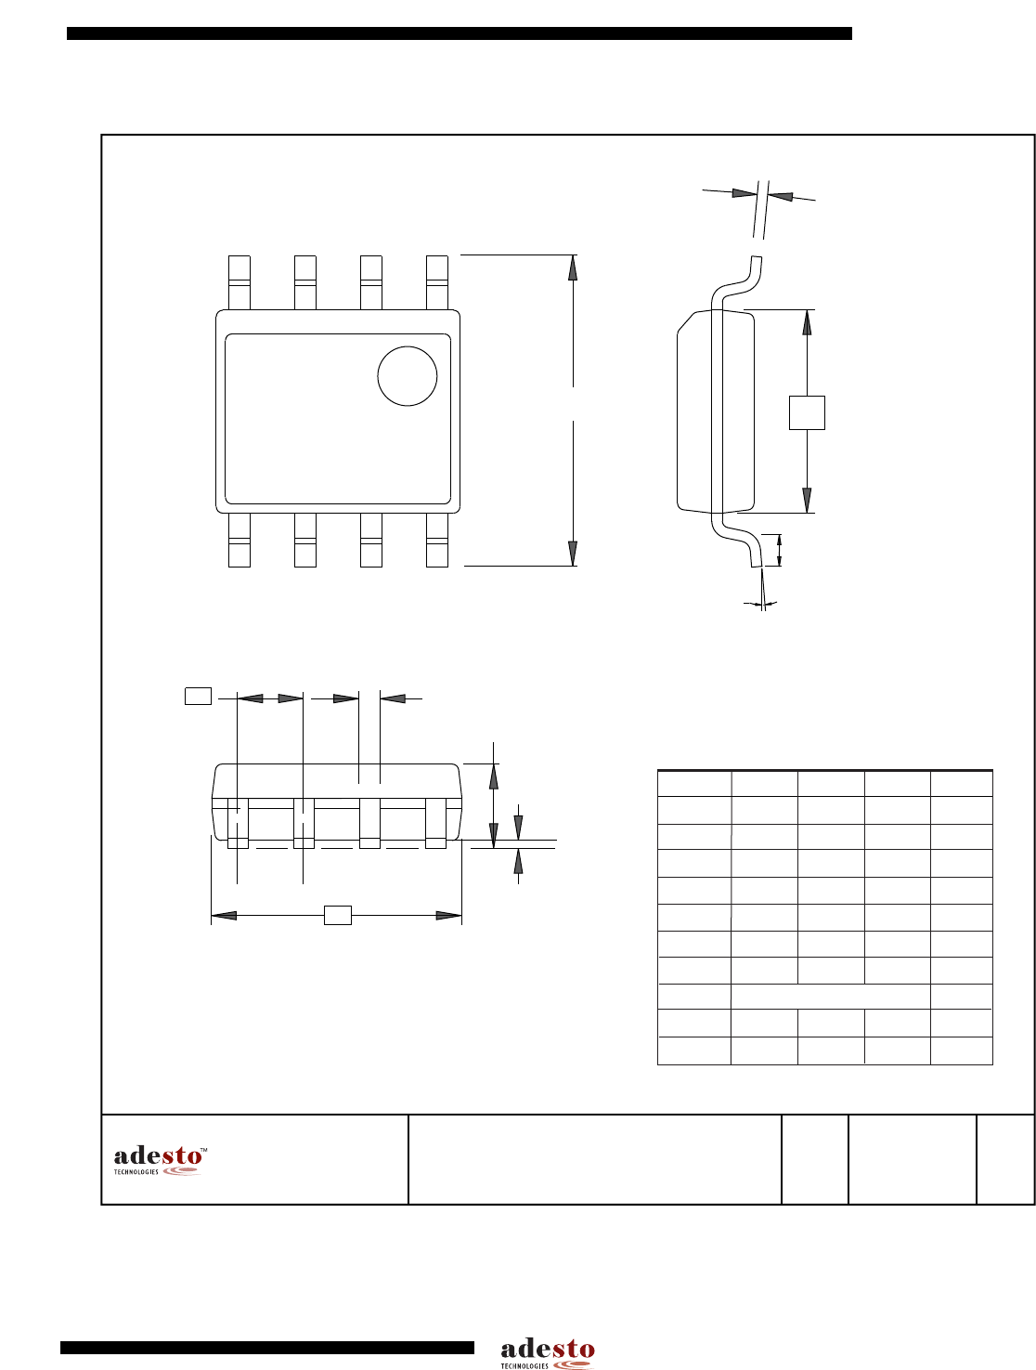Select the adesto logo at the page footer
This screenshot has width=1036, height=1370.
pyautogui.click(x=547, y=1354)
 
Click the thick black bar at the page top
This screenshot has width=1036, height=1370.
pyautogui.click(x=460, y=33)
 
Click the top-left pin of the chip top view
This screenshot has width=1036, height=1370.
pyautogui.click(x=240, y=282)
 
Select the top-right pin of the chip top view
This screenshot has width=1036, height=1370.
pyautogui.click(x=436, y=282)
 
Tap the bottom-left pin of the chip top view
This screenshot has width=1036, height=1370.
pyautogui.click(x=240, y=540)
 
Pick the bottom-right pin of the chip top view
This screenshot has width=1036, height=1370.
pyautogui.click(x=436, y=540)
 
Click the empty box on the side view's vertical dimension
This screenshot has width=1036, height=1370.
pyautogui.click(x=807, y=412)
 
